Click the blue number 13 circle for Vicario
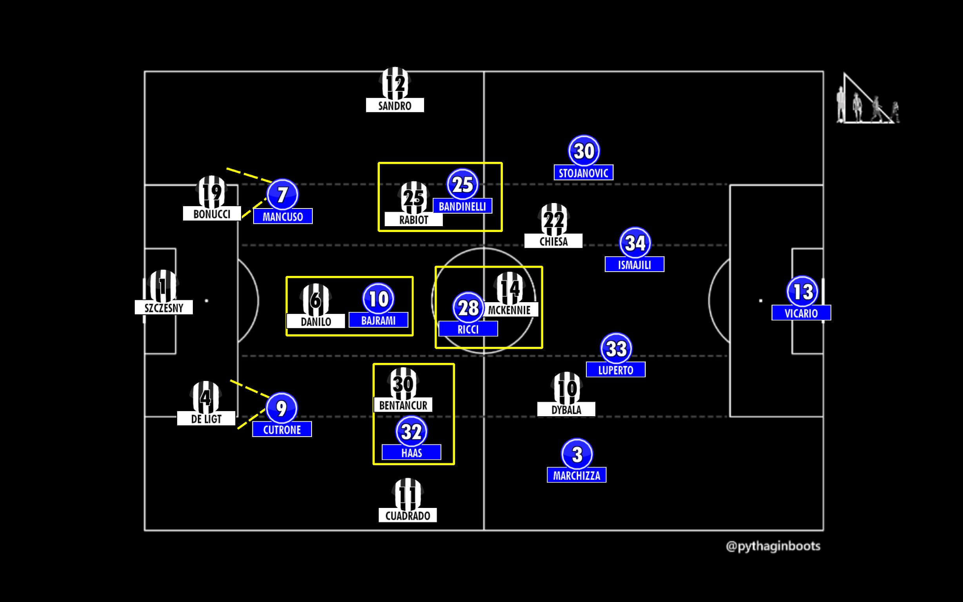(x=802, y=292)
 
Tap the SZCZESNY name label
(x=163, y=308)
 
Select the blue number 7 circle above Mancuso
(x=282, y=195)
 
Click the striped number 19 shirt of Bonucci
(x=211, y=192)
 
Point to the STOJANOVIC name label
(x=583, y=173)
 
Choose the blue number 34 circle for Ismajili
(x=635, y=243)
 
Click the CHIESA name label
(x=553, y=241)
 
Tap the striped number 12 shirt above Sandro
(x=395, y=83)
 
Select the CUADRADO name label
(x=408, y=516)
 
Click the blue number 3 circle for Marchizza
(x=577, y=454)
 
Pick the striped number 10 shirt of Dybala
(x=566, y=388)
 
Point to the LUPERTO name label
(x=615, y=370)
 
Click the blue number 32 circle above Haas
(x=411, y=432)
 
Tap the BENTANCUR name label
(x=403, y=405)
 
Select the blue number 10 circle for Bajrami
(x=378, y=299)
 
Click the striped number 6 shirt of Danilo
(x=315, y=300)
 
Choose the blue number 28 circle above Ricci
(x=468, y=308)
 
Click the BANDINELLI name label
(x=462, y=206)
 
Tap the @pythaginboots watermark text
(x=773, y=546)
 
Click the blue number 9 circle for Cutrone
(x=281, y=408)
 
